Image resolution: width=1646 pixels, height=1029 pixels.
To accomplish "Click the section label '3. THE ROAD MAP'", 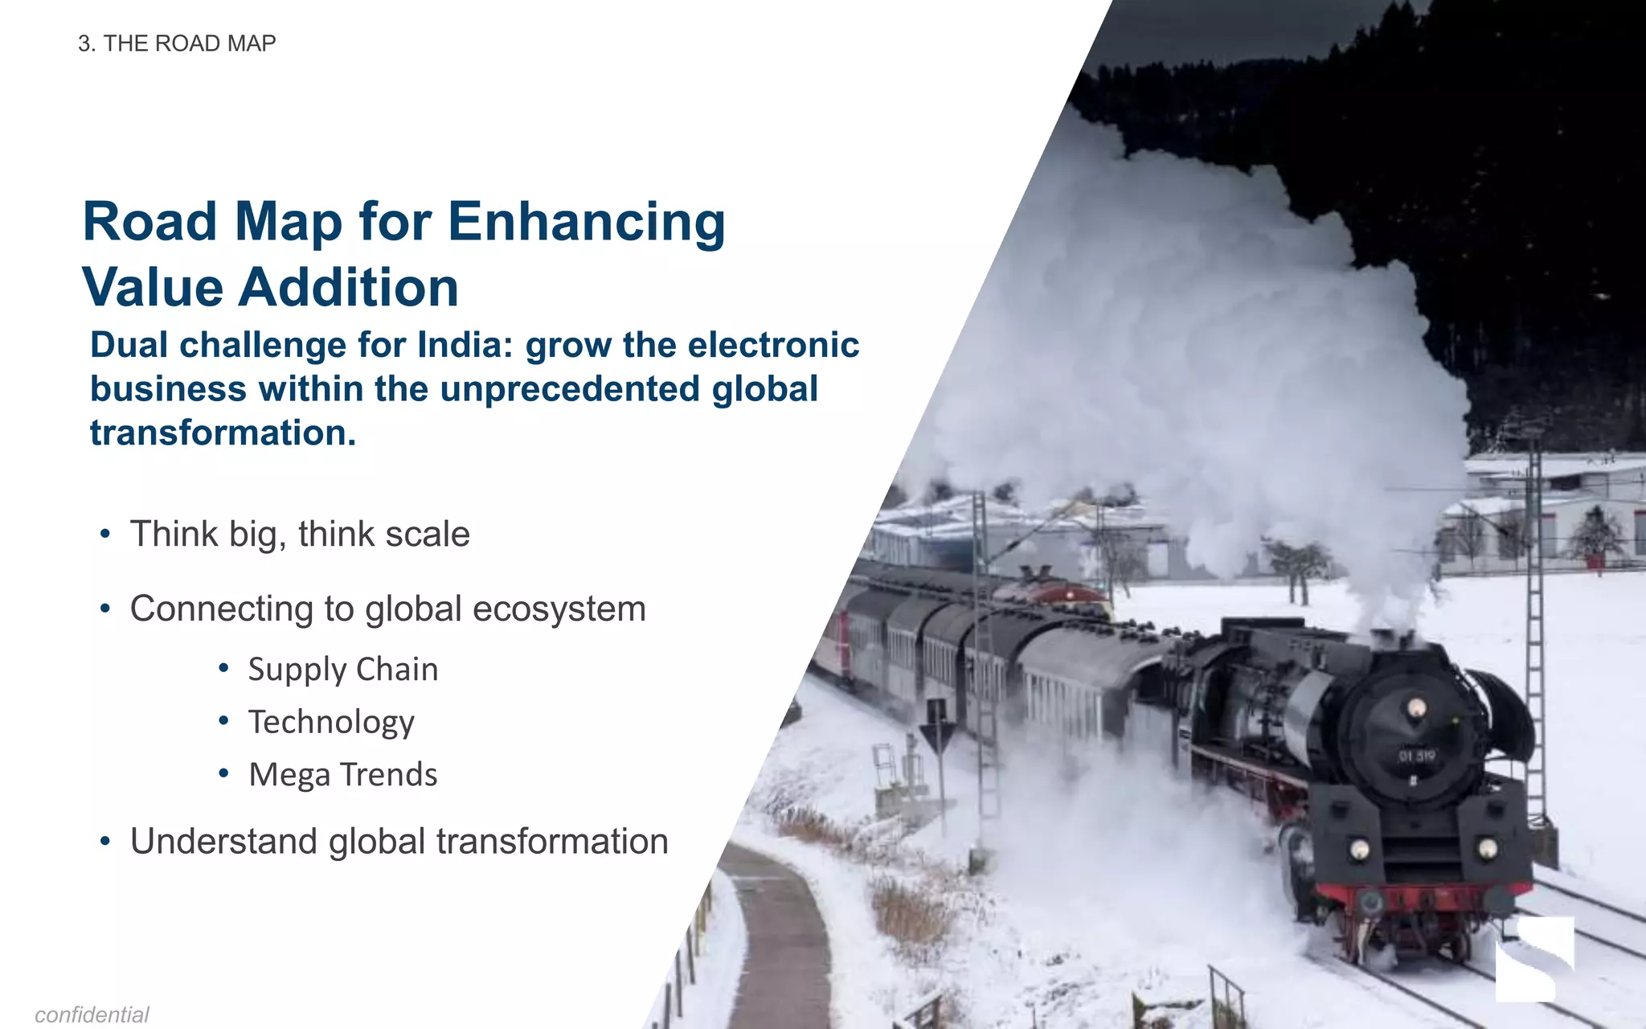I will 177,43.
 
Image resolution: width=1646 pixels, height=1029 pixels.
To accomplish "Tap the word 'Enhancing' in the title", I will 586,222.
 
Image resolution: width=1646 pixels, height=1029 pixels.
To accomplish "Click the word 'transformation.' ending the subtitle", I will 223,433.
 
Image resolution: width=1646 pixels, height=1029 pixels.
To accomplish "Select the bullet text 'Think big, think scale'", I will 300,535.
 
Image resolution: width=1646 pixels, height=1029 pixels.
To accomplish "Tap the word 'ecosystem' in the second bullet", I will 559,609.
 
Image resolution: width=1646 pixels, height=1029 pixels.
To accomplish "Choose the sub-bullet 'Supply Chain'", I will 342,670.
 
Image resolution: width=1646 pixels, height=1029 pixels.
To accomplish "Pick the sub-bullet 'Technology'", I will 330,722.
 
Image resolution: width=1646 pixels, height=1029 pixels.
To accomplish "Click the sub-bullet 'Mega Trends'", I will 342,775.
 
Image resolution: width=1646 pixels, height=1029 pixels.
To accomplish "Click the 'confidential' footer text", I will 92,1015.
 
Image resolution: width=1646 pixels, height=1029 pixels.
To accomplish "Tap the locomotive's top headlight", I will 1417,707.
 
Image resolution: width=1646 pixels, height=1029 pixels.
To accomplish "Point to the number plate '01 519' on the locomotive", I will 1417,756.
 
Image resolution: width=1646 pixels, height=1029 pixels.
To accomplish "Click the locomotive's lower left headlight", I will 1359,849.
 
